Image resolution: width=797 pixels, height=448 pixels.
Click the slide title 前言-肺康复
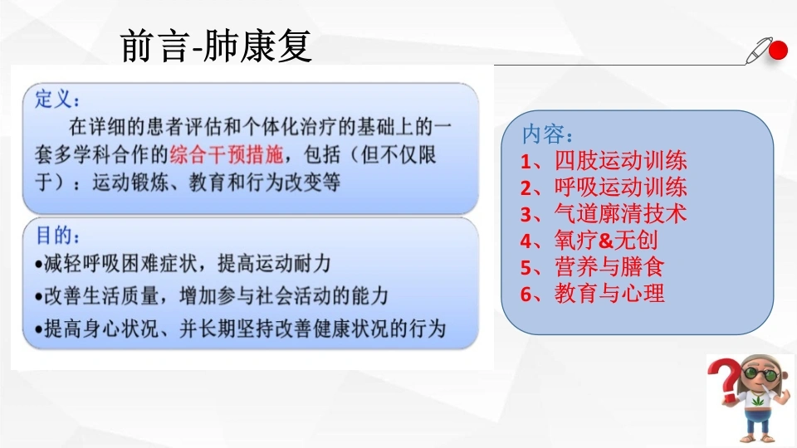[216, 46]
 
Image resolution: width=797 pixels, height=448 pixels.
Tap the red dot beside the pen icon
[778, 51]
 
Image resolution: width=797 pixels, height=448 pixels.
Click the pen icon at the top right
[758, 51]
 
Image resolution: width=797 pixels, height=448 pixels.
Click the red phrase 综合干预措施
[226, 154]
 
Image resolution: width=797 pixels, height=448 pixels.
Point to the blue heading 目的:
[57, 235]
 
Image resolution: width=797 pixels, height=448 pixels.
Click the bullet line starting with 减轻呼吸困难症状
[183, 264]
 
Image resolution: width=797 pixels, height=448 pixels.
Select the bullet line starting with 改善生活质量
[212, 295]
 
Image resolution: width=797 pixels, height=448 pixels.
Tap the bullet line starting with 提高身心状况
[241, 329]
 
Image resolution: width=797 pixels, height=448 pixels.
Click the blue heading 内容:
[547, 134]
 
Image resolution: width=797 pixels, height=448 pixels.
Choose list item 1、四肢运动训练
[604, 160]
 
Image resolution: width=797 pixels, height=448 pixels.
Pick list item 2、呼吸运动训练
[604, 187]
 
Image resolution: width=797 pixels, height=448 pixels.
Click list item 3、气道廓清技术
[604, 213]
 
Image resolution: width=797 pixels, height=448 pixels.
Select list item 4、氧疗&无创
[589, 241]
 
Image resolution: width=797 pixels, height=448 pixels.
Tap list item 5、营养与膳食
[592, 266]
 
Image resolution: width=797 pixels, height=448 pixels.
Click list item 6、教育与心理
[592, 293]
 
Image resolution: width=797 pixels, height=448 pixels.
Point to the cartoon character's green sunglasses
[761, 374]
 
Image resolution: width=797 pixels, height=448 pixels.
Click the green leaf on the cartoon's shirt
[757, 402]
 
